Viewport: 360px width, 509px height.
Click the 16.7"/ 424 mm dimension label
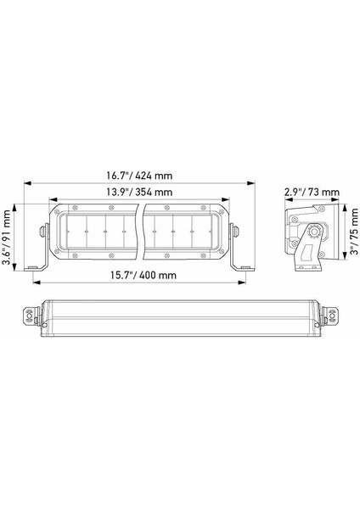[x=139, y=176]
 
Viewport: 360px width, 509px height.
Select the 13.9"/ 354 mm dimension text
[x=139, y=193]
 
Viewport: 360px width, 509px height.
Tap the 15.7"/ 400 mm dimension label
[x=143, y=275]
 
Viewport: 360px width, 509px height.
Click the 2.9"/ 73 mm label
[x=312, y=193]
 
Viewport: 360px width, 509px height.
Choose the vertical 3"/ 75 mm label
[x=354, y=231]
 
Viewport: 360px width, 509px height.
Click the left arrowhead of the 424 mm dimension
[x=27, y=183]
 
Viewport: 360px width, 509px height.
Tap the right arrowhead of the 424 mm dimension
[x=251, y=183]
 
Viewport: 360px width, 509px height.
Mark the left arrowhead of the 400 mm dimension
[x=37, y=282]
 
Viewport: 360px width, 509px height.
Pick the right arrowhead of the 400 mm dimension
[x=242, y=282]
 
